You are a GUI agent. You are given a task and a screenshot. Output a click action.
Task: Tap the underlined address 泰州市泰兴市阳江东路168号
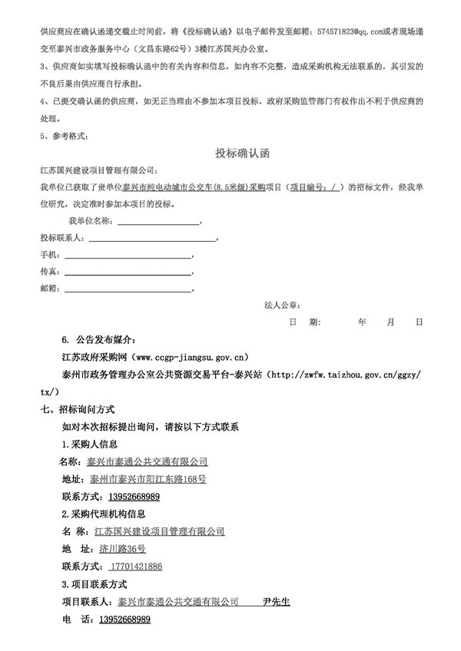(x=148, y=478)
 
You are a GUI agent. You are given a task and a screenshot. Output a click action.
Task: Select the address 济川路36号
(x=123, y=549)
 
